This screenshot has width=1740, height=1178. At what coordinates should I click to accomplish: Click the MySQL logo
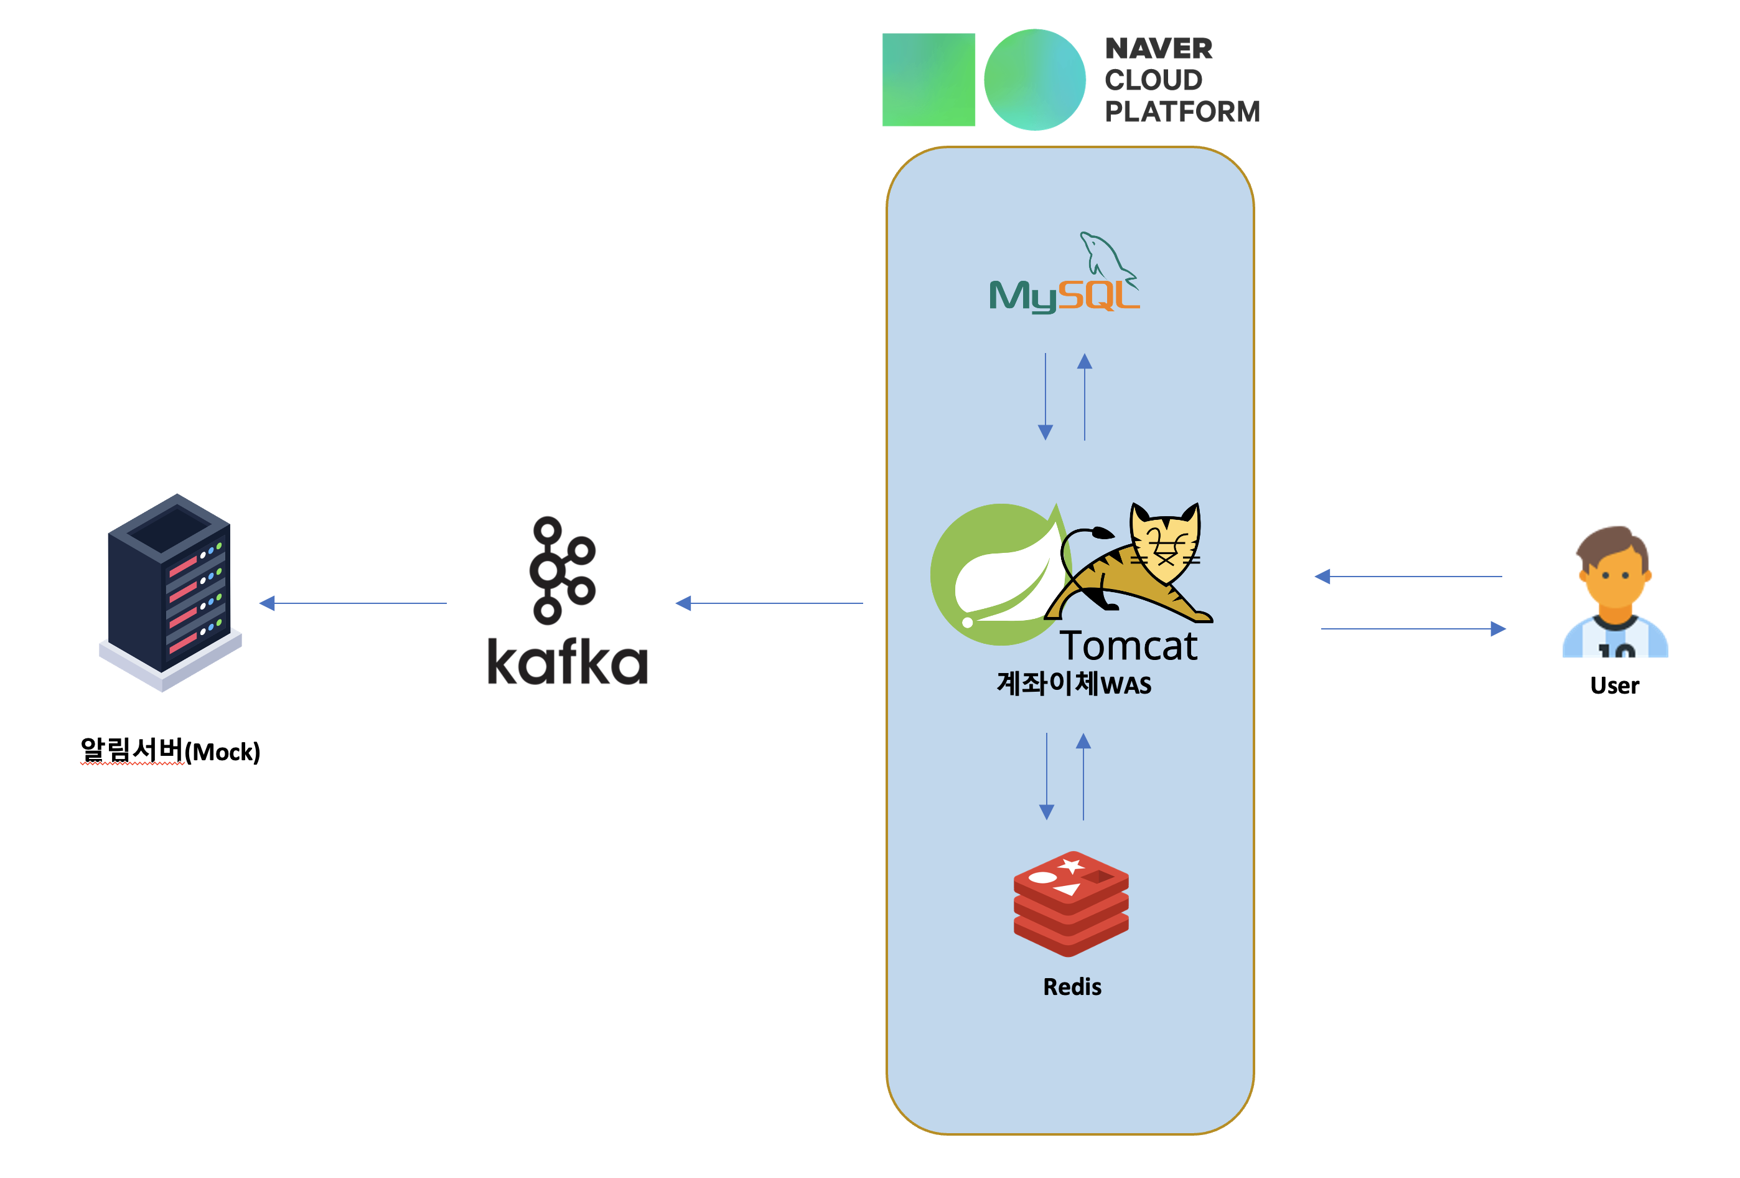coord(1063,277)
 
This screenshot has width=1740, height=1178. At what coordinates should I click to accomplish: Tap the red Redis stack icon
coord(1070,903)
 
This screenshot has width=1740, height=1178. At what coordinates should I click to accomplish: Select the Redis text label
coord(1072,986)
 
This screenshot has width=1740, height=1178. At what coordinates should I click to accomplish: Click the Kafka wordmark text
coord(567,662)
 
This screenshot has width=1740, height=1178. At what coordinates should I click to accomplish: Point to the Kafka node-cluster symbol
coord(561,571)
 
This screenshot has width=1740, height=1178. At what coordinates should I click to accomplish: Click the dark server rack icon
coord(170,591)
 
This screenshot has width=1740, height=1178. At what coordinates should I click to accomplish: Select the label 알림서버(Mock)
coord(170,750)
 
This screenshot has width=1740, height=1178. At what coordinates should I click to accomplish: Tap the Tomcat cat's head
coord(1164,543)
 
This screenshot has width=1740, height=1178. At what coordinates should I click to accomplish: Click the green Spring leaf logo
coord(996,575)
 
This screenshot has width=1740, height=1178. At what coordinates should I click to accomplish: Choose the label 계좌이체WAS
coord(1073,683)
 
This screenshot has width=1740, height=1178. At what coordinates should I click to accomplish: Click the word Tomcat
coord(1128,646)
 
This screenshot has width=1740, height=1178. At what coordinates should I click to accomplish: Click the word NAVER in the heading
coord(1158,49)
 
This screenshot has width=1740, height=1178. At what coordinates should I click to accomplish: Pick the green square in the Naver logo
coord(928,79)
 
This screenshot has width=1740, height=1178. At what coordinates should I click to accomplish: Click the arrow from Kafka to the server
coord(352,603)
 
